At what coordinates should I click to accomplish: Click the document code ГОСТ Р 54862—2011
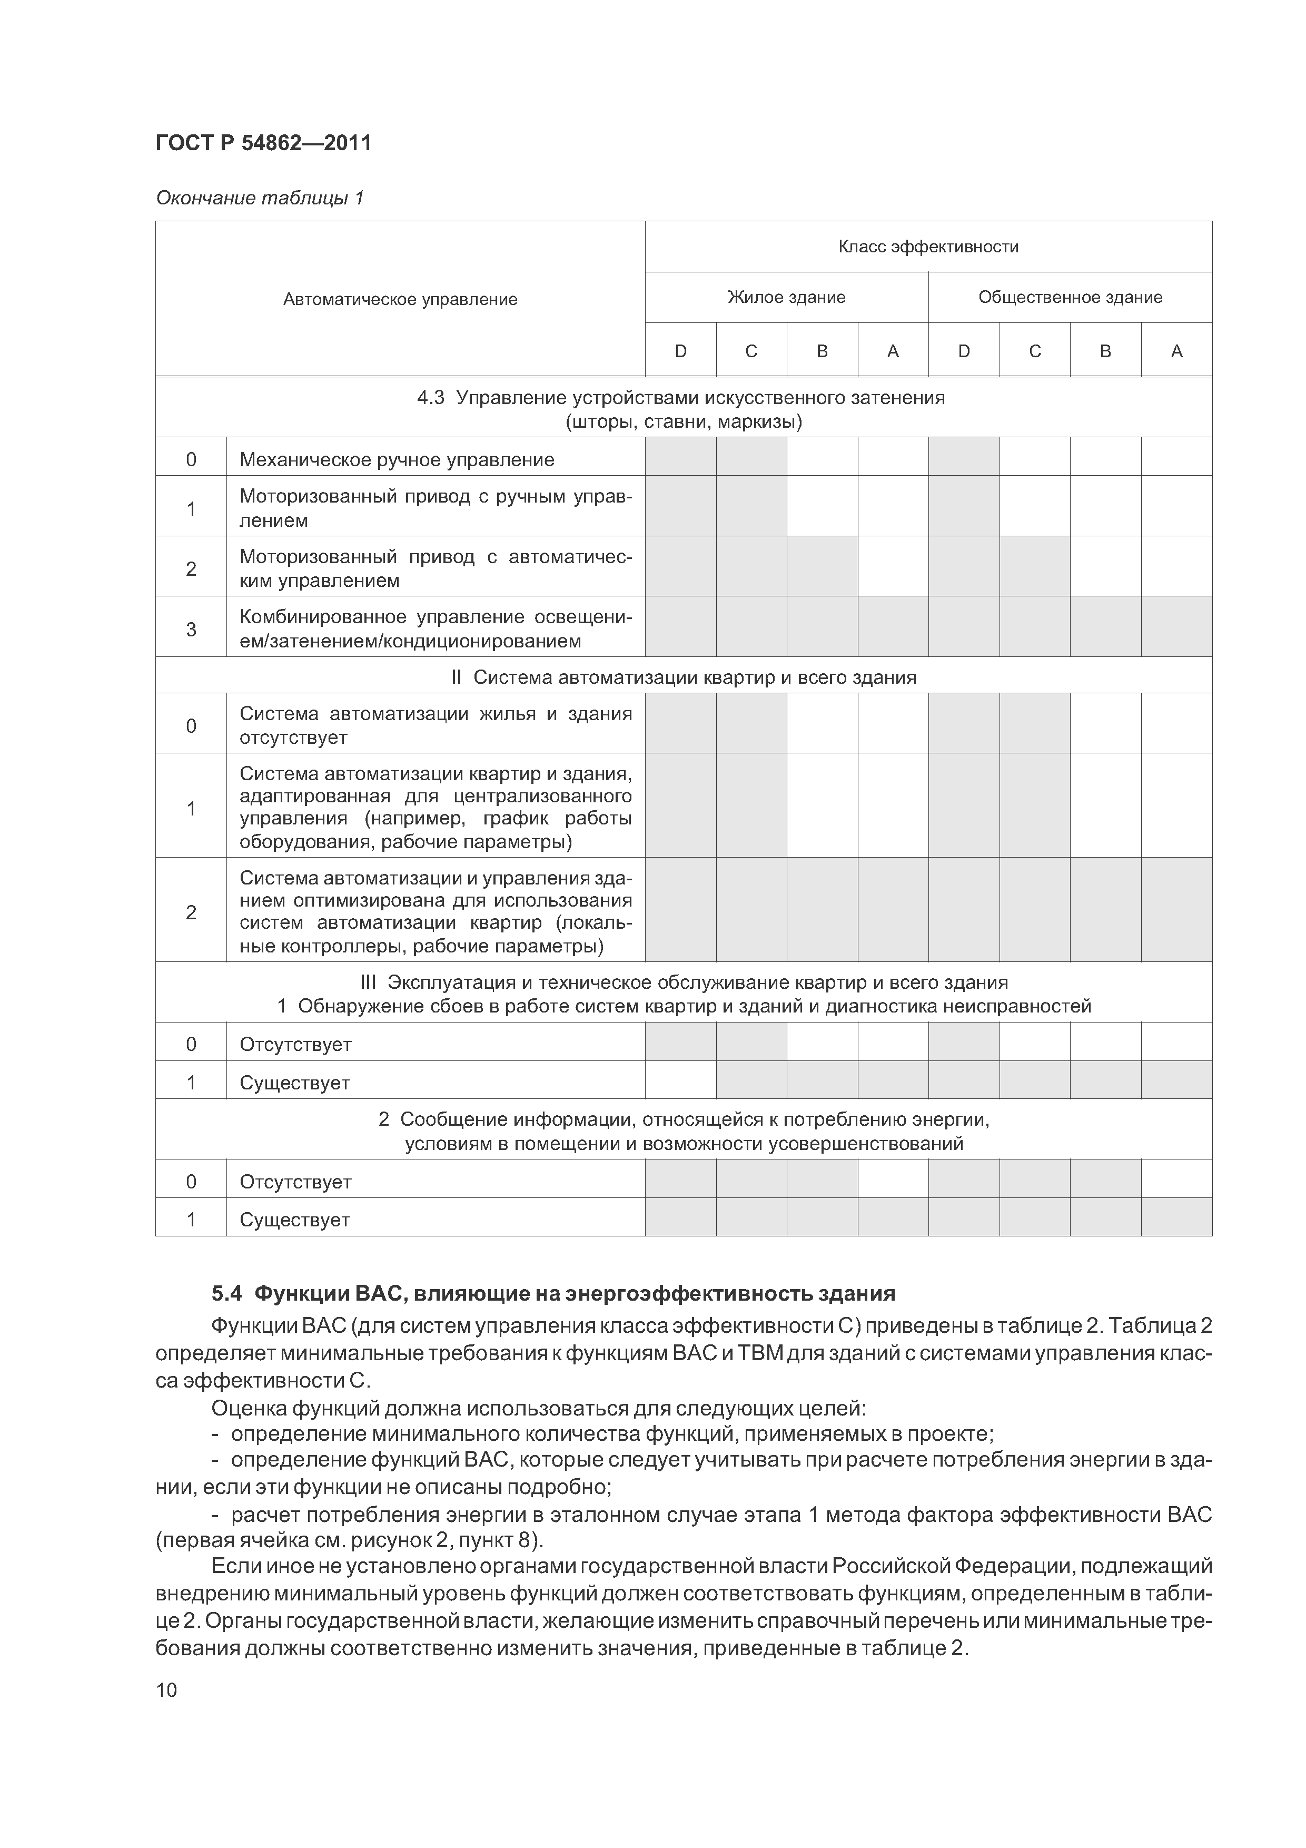(x=263, y=143)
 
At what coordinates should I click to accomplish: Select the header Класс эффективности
(x=928, y=247)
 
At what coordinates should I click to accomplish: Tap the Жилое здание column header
(x=786, y=297)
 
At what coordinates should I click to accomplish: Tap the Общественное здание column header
(x=1070, y=297)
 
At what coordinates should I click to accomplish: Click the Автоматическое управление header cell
(x=400, y=299)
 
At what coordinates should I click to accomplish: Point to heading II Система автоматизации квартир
(x=682, y=677)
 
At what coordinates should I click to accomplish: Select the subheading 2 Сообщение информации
(x=683, y=1119)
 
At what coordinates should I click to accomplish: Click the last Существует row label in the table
(x=294, y=1220)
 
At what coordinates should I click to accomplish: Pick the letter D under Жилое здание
(x=680, y=351)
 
